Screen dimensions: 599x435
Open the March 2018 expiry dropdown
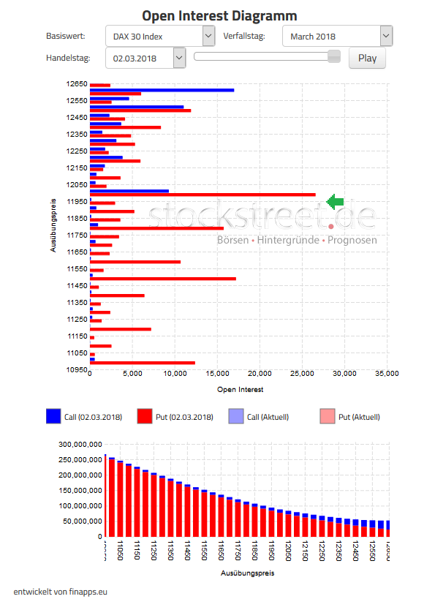tap(337, 36)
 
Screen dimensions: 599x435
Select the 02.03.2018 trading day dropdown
tap(145, 58)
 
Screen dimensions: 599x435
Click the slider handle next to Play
tap(334, 56)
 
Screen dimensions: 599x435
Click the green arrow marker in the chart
tap(335, 201)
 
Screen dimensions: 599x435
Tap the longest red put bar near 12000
tap(203, 195)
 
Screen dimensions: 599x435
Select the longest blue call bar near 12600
tap(162, 90)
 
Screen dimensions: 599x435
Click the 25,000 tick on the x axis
tap(302, 374)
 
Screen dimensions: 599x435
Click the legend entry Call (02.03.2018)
tap(84, 417)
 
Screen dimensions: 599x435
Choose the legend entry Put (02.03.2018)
tap(175, 417)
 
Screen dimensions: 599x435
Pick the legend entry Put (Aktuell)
tap(350, 417)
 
